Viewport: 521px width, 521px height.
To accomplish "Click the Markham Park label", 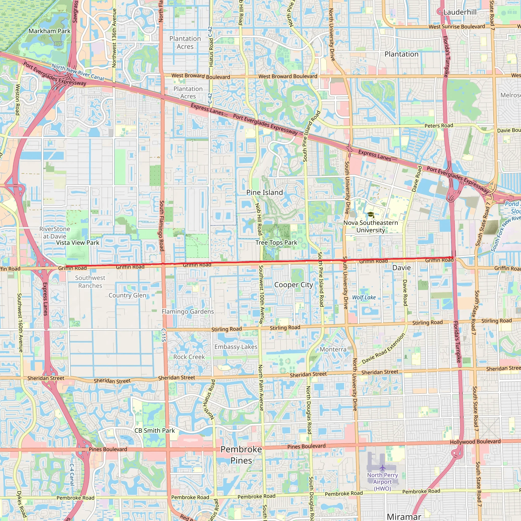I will pos(49,31).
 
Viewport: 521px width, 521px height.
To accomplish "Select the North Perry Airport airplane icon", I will pos(382,467).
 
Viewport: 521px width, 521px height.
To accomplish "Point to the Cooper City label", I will pos(293,285).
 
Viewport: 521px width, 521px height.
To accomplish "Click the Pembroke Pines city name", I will pos(241,455).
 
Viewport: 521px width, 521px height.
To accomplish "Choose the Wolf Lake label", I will pos(364,297).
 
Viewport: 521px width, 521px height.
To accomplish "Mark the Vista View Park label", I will pos(78,243).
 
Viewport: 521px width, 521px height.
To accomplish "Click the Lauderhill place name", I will pos(460,12).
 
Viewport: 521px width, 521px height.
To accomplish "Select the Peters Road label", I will pos(439,126).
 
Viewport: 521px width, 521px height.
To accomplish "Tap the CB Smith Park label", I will pos(154,431).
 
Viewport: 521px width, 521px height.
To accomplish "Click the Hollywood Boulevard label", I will pos(475,442).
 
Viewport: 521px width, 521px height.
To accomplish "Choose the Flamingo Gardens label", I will pos(188,311).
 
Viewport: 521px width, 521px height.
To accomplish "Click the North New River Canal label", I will pos(78,72).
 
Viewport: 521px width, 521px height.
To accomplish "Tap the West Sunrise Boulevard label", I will pos(457,27).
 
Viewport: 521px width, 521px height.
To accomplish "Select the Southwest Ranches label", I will pos(90,282).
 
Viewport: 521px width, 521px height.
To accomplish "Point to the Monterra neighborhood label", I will pos(333,349).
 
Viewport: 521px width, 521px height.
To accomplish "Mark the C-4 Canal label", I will pos(72,474).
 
